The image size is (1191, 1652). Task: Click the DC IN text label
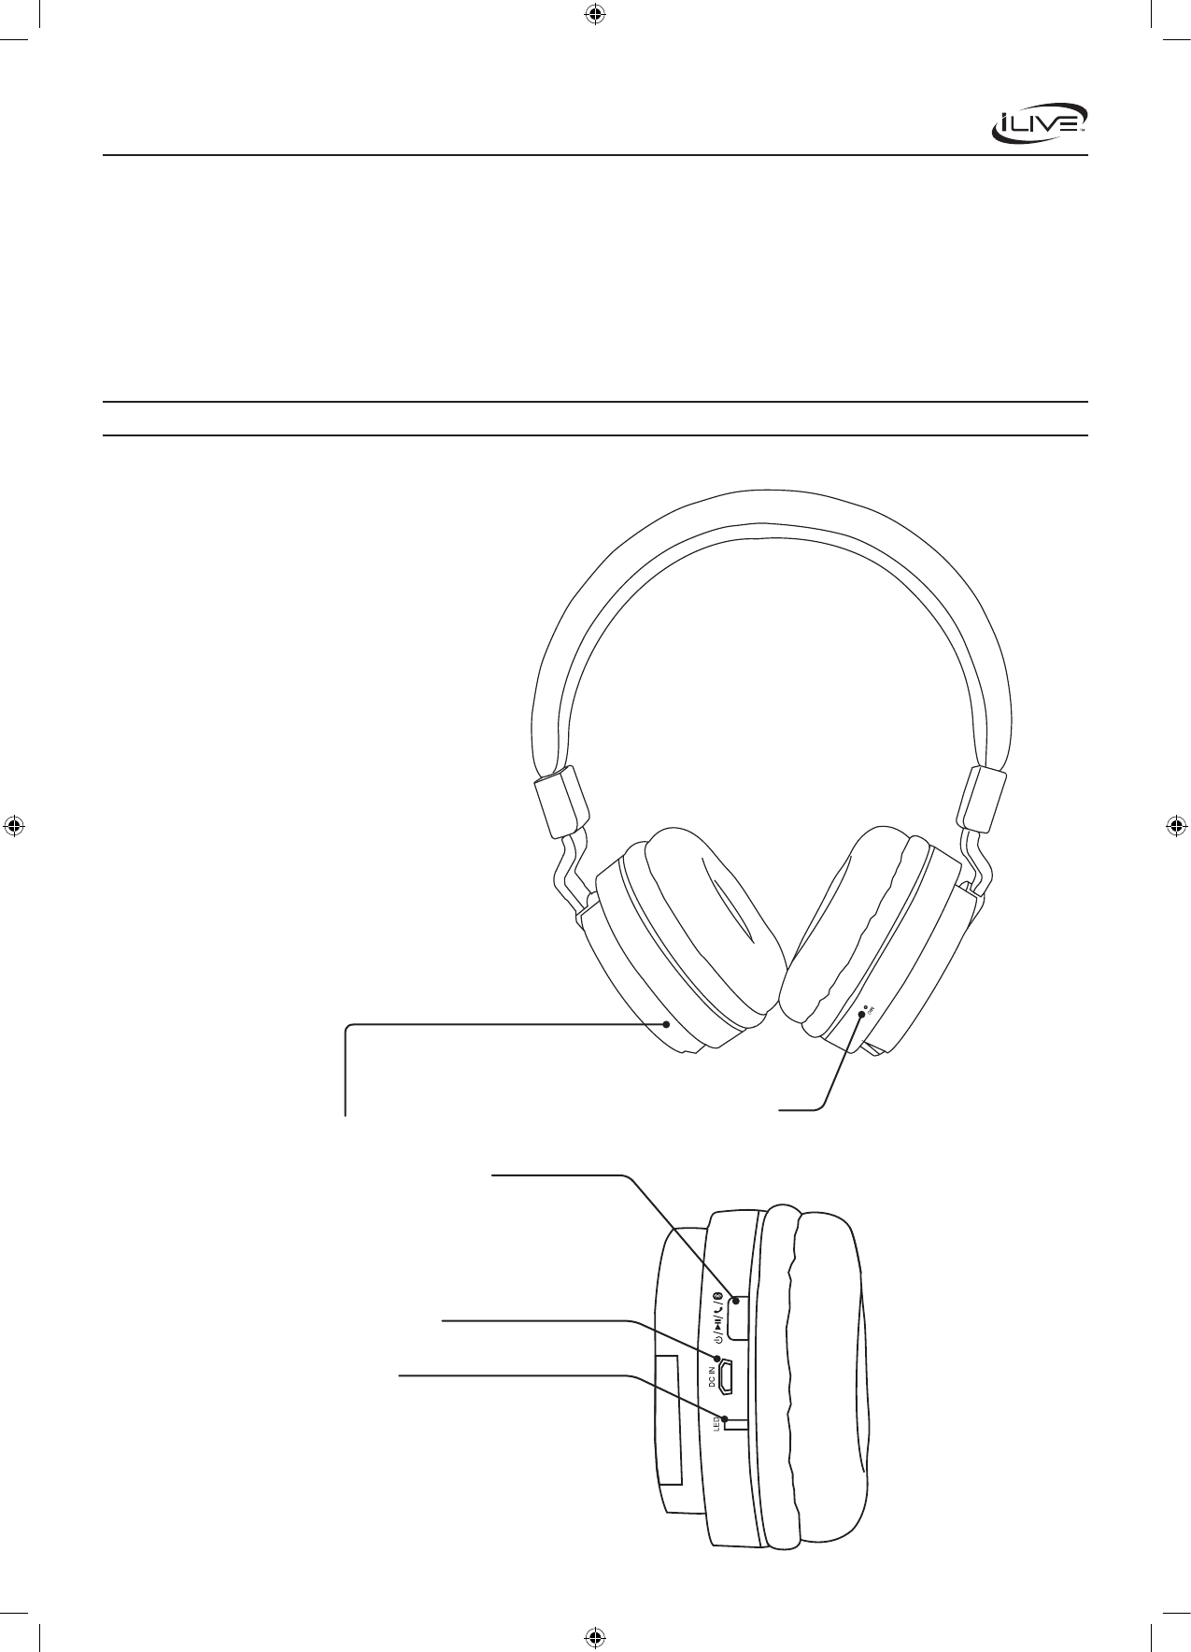pos(712,1377)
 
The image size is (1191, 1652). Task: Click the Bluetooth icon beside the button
pos(717,1296)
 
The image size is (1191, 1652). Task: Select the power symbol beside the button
pos(717,1341)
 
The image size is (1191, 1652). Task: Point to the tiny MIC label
pos(869,1008)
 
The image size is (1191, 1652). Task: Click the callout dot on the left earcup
pos(666,1024)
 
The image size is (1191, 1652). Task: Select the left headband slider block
pos(560,803)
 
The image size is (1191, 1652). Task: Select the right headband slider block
pos(985,799)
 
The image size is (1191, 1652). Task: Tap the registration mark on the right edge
pos(1177,826)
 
